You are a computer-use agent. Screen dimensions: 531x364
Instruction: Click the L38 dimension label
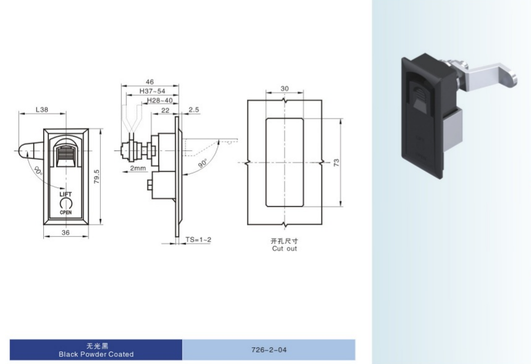[42, 110]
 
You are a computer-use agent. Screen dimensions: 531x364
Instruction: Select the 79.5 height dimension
[97, 176]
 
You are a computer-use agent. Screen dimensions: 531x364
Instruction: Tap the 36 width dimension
[65, 233]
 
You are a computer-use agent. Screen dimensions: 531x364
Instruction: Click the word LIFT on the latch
[65, 194]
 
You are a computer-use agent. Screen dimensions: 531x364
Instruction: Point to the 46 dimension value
[149, 82]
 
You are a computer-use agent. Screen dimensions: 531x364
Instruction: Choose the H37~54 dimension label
[153, 91]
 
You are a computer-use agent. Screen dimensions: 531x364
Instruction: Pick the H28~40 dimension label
[160, 101]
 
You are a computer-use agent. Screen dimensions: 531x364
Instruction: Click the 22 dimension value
[165, 110]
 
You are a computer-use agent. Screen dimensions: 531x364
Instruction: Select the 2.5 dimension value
[194, 110]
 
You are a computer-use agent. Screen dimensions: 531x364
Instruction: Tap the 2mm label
[138, 168]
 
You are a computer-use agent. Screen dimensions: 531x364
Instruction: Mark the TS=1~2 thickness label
[198, 239]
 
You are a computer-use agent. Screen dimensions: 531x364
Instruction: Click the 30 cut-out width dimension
[285, 88]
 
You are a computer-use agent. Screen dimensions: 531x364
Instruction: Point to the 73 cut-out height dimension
[337, 163]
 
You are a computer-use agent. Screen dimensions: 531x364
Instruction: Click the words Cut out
[285, 249]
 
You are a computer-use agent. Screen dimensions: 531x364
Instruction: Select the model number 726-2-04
[269, 350]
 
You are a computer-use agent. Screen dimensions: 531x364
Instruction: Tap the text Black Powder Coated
[96, 354]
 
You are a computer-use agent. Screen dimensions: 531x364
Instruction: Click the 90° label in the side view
[203, 163]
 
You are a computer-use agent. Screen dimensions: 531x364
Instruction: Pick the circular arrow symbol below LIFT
[65, 204]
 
